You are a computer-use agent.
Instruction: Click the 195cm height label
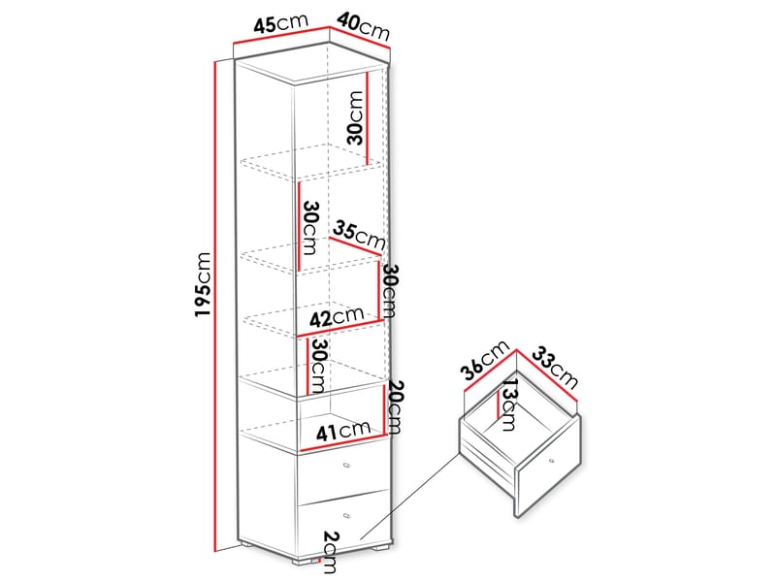pos(203,284)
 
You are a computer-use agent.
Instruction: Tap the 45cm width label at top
pos(280,23)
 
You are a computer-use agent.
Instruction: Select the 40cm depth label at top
pos(363,27)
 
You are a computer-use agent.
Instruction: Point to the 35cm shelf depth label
pos(359,235)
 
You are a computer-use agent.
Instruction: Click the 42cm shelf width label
pos(337,317)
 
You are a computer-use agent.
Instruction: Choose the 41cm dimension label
pos(343,431)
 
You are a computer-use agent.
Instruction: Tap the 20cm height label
pos(395,406)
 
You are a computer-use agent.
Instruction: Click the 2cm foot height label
pos(330,552)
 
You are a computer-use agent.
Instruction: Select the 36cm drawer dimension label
pos(484,360)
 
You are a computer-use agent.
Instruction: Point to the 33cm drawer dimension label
pos(555,369)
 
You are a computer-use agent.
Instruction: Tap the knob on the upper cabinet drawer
pos(346,466)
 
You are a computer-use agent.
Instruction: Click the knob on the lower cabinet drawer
pos(346,515)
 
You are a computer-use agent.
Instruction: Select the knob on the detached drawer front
pos(551,462)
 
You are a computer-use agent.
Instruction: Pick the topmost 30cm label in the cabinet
pos(355,117)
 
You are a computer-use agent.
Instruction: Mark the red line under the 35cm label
pos(354,247)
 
